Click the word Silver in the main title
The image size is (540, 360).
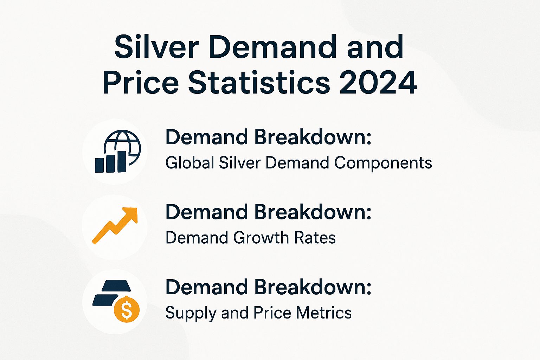tap(157, 47)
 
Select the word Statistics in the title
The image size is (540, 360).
tap(259, 83)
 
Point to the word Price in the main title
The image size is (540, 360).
tap(141, 83)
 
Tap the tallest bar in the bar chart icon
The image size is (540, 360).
tap(122, 162)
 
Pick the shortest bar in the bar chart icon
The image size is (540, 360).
tap(99, 165)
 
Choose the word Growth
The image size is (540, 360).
tap(261, 238)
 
